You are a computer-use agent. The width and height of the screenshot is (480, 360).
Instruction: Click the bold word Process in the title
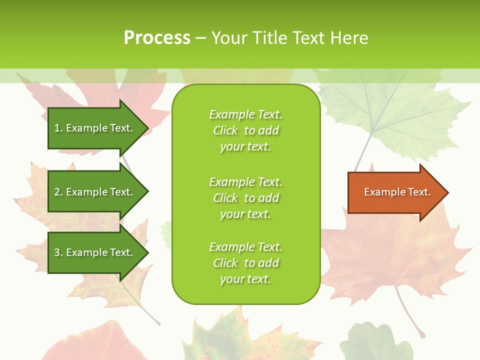157,38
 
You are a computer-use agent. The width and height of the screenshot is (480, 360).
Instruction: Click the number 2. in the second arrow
58,192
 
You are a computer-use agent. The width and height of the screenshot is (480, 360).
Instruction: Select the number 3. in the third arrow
58,252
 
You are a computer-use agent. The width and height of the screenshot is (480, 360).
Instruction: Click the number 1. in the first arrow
58,128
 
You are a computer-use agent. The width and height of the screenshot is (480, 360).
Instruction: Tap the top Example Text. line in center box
245,114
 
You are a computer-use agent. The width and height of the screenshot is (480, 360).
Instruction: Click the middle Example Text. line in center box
245,181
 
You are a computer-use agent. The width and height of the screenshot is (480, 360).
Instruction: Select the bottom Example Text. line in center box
245,247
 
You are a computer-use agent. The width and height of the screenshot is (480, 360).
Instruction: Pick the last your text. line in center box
245,279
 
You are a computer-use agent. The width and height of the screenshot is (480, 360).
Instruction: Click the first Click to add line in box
245,130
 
